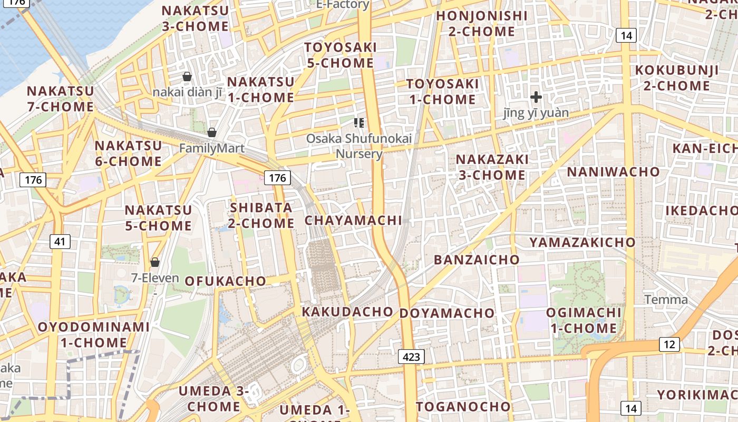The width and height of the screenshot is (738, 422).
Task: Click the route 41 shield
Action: tap(60, 242)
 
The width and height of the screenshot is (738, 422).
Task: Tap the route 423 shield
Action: tap(411, 357)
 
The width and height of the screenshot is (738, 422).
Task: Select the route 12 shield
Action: tap(669, 344)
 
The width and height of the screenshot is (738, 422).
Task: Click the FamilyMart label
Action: tap(212, 148)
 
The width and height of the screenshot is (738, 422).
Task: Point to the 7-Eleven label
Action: tap(155, 277)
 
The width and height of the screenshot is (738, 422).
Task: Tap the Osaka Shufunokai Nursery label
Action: tap(359, 146)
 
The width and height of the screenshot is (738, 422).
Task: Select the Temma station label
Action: tap(666, 300)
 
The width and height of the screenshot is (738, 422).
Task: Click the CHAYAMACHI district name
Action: tap(353, 220)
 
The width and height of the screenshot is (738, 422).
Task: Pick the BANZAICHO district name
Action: tap(477, 260)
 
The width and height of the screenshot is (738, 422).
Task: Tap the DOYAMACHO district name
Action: tap(447, 313)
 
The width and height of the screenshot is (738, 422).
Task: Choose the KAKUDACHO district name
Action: tap(347, 312)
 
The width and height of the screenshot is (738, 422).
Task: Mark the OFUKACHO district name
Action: tap(225, 281)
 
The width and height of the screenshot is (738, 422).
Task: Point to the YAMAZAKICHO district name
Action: tap(582, 242)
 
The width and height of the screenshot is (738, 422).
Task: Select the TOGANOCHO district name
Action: tap(463, 407)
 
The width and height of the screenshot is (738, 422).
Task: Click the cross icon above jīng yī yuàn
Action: tap(536, 97)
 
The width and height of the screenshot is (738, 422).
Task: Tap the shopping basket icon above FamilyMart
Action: tap(212, 132)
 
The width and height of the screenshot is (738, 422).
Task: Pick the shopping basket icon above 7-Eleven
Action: tap(155, 262)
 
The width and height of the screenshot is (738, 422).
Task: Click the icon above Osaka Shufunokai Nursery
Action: tap(359, 123)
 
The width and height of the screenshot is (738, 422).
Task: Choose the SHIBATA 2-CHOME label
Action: tap(261, 215)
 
